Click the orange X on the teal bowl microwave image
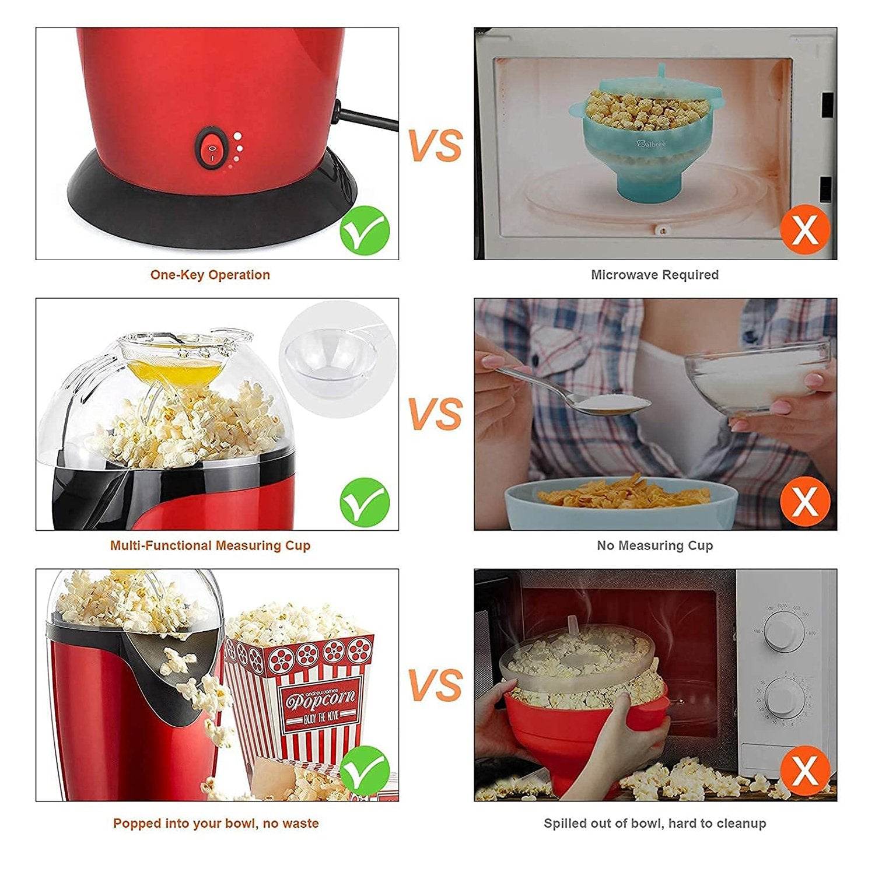point(805,229)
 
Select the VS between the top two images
point(435,145)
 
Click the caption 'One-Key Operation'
point(210,275)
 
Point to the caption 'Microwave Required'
point(654,275)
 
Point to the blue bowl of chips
point(621,505)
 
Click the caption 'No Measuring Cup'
point(654,545)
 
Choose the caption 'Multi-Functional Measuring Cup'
point(210,545)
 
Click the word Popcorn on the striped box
point(320,699)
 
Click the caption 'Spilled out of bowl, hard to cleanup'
point(654,823)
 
